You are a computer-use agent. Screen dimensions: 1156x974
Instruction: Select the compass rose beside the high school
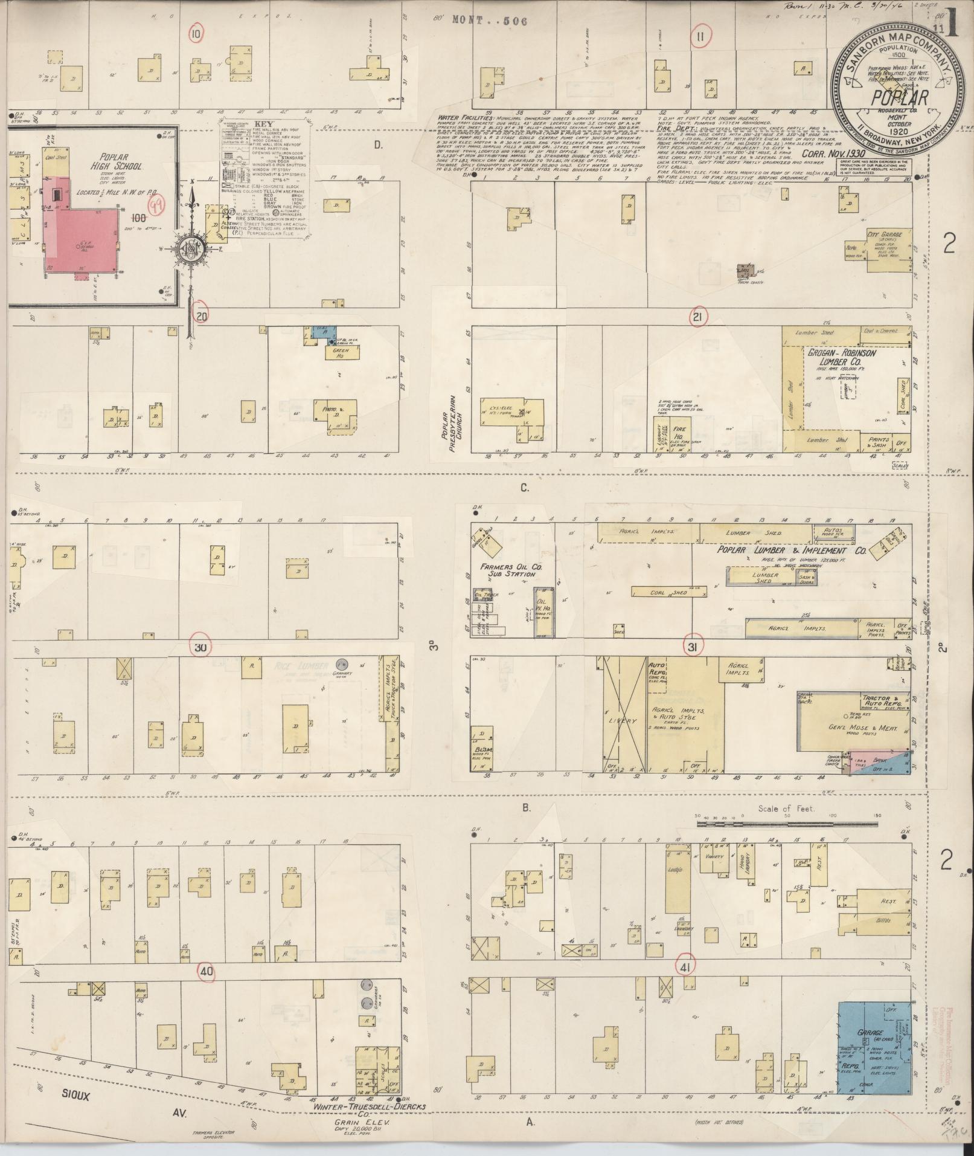pos(193,248)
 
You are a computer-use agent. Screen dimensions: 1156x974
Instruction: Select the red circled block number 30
pos(200,647)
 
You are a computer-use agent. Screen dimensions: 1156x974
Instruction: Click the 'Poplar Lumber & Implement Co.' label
pos(791,551)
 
